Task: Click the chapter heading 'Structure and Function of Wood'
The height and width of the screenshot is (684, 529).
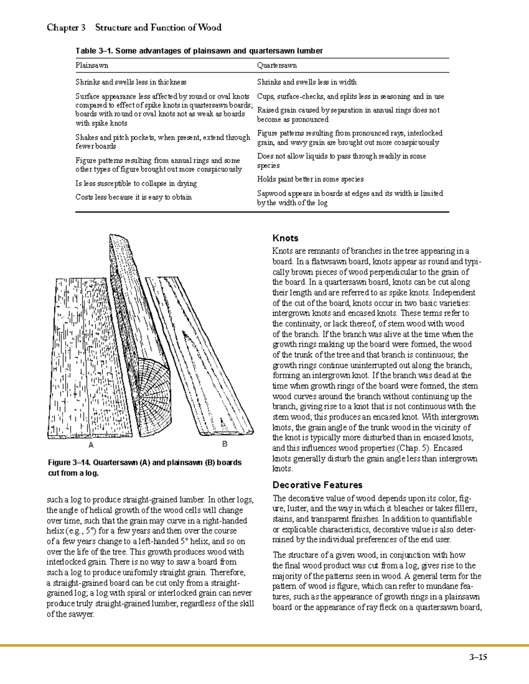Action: coord(158,28)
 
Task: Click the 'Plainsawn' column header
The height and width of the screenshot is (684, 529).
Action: coord(92,66)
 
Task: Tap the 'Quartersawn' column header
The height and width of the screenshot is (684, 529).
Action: coord(277,66)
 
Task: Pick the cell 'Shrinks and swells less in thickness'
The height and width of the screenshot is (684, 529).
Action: coord(130,82)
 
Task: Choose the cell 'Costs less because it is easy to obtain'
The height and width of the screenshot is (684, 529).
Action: coord(133,197)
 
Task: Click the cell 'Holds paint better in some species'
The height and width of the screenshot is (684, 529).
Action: coord(310,179)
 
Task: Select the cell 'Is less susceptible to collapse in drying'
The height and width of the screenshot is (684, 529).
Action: coord(136,183)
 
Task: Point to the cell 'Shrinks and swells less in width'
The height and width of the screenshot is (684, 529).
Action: coord(307,82)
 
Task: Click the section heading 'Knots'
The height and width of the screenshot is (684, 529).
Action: coord(285,238)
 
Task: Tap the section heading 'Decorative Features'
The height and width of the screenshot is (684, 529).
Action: coord(317,485)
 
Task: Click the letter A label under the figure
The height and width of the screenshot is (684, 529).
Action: coord(91,445)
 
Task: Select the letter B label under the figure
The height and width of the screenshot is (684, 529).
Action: coord(225,444)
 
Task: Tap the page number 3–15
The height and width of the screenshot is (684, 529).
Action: coord(478,658)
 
